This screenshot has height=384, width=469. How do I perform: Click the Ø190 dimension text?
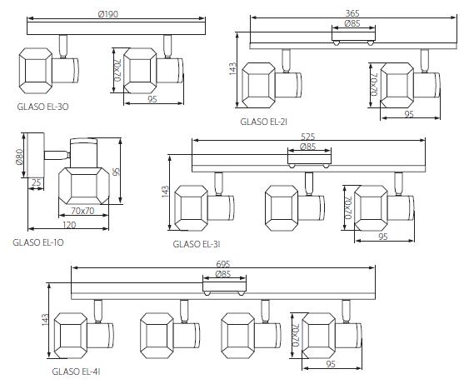(108, 14)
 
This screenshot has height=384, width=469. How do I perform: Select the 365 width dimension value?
(352, 13)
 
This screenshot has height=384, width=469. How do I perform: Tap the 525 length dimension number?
(308, 137)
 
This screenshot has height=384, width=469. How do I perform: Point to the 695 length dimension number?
(222, 264)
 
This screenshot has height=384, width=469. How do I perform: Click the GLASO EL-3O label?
(42, 107)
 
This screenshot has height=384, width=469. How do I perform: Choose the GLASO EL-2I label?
(264, 122)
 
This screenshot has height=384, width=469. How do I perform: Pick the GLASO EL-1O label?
(38, 242)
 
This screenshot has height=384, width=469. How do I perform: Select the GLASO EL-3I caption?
(197, 244)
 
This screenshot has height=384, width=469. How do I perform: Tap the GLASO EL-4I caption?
(76, 372)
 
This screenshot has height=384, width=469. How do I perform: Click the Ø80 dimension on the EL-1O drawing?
(19, 157)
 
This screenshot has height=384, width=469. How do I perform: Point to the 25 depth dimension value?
(36, 182)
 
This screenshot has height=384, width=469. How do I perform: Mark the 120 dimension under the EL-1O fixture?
(69, 225)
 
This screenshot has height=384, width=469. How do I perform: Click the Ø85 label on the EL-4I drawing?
(223, 274)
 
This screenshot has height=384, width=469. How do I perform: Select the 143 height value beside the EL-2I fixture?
(232, 68)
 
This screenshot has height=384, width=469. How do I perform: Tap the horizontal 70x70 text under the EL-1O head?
(82, 211)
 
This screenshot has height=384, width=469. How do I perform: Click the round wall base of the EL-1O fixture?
(36, 155)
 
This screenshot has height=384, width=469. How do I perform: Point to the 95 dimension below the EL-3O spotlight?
(152, 99)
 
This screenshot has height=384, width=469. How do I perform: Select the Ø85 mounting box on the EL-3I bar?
(309, 159)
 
